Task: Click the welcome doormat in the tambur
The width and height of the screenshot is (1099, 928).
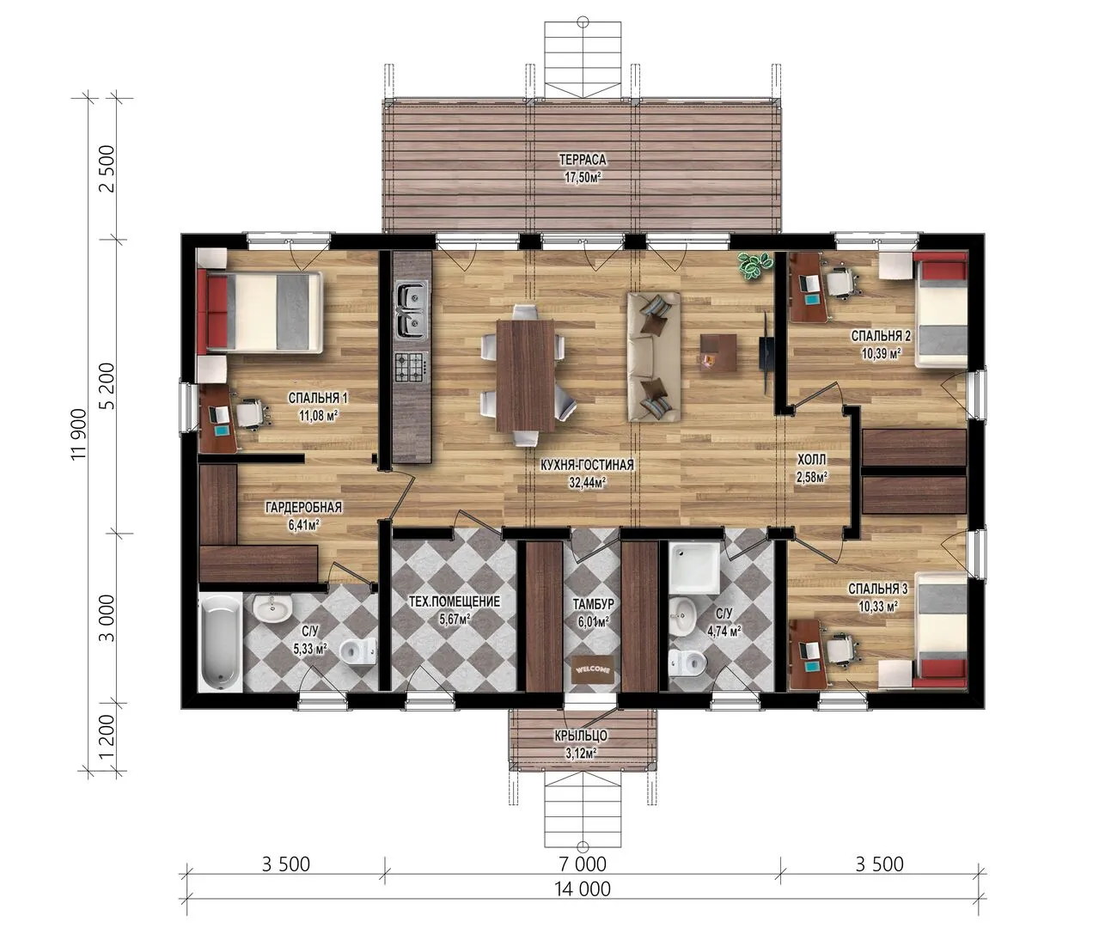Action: click(x=594, y=669)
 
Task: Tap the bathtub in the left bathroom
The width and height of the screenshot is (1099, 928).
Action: click(x=221, y=642)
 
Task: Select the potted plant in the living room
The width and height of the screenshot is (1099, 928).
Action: click(x=754, y=266)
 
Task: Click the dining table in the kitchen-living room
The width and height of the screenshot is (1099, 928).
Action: click(x=526, y=375)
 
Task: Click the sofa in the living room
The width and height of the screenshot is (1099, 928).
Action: click(x=654, y=357)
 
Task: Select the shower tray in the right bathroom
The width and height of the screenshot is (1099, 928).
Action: click(x=693, y=568)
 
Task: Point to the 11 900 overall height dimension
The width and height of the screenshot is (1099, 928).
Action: click(x=78, y=434)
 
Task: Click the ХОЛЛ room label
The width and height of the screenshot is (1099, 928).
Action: click(x=812, y=460)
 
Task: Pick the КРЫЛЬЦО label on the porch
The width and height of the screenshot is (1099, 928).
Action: click(x=581, y=736)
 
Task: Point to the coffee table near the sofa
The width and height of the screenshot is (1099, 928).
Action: click(x=719, y=353)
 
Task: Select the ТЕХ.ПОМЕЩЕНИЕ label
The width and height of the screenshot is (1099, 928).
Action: click(x=455, y=601)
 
